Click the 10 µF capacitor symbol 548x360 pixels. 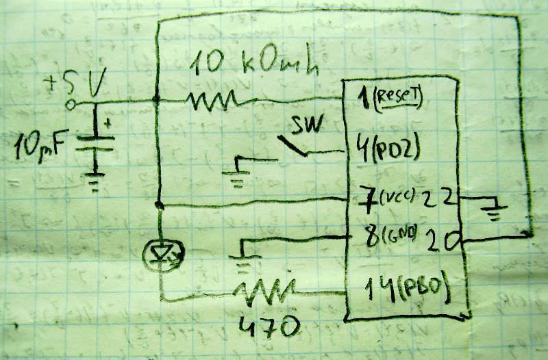coord(95,144)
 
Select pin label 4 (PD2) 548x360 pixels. coord(390,149)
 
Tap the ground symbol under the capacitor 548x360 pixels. coord(96,181)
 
